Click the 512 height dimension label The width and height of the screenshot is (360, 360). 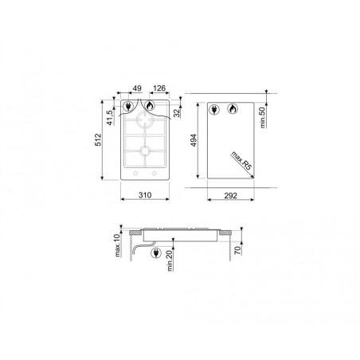point(98,139)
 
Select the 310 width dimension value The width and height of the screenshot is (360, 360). point(145,195)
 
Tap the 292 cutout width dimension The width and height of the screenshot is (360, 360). point(231,196)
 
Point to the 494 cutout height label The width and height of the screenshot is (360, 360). point(194,140)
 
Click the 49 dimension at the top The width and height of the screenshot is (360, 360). point(137,88)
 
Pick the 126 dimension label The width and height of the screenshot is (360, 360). point(159,88)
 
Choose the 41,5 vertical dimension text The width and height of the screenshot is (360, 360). point(110,117)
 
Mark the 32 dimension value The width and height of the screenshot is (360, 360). point(177,113)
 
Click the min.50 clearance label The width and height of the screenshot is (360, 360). point(263,117)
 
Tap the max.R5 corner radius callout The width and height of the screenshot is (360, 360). point(241,161)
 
